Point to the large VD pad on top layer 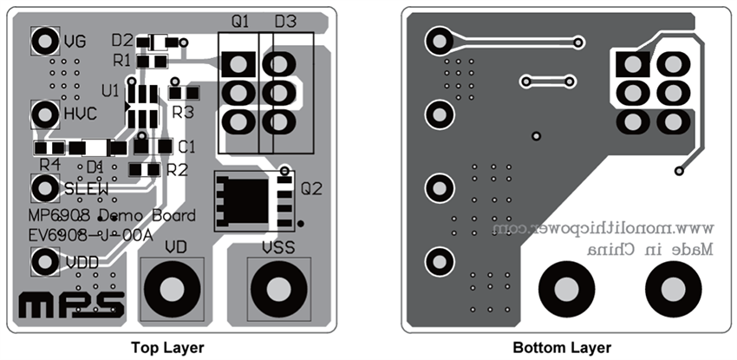(171, 288)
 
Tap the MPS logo (72, 304)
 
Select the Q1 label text (240, 22)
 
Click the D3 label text (285, 22)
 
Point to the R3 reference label (182, 111)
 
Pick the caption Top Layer (167, 348)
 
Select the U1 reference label (110, 90)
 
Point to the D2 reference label (121, 40)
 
